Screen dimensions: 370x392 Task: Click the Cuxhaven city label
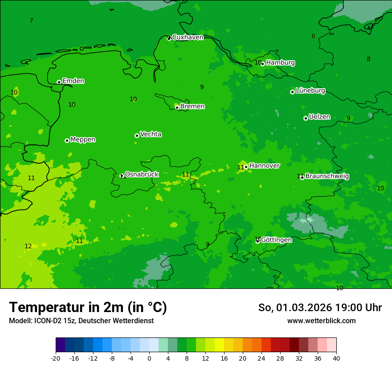(x=188, y=37)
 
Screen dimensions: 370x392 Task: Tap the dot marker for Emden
(x=59, y=82)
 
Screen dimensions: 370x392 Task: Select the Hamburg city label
(x=280, y=63)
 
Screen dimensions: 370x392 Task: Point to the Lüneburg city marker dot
(x=292, y=92)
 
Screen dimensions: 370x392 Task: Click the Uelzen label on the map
(x=319, y=117)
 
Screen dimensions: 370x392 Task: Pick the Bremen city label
(x=192, y=107)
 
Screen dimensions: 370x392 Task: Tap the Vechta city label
(x=151, y=134)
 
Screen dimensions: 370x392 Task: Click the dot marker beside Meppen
(x=67, y=140)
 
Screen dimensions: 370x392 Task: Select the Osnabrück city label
(x=142, y=174)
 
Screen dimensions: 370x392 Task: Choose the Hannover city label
(x=264, y=166)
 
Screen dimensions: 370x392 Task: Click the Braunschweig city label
(x=327, y=177)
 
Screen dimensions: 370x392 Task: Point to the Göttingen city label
(x=276, y=240)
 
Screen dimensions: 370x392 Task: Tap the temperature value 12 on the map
(x=28, y=246)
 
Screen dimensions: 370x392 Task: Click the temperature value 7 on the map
(x=31, y=21)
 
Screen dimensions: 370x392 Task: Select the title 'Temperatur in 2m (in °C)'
(x=88, y=307)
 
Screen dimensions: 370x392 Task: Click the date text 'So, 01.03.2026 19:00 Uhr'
(x=320, y=308)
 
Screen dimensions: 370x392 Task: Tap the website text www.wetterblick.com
(x=321, y=321)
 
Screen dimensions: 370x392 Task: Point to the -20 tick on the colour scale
(x=56, y=358)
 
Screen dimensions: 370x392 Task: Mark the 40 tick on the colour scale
(x=336, y=358)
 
